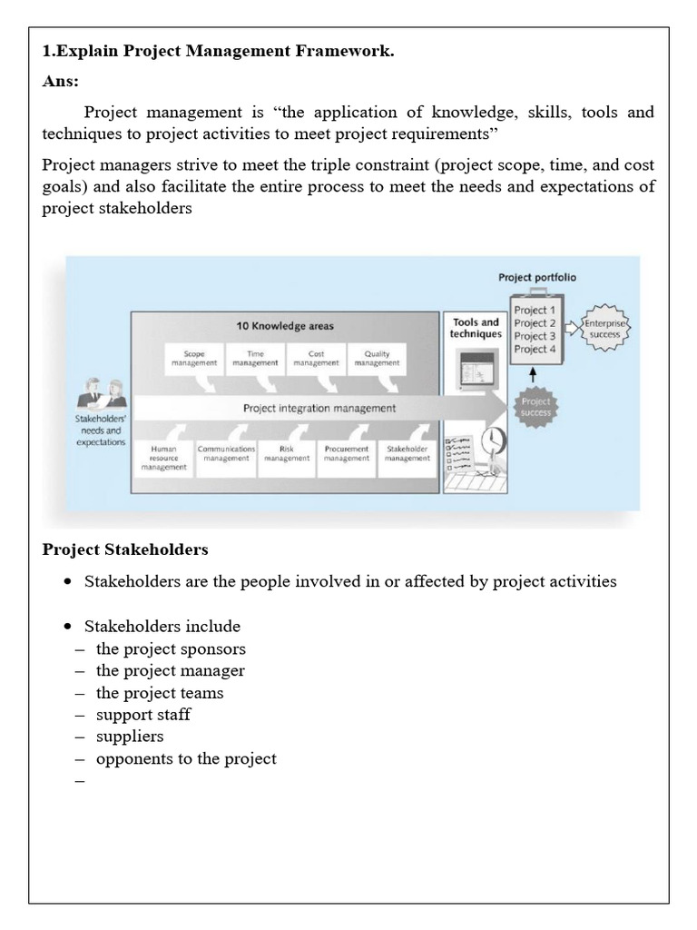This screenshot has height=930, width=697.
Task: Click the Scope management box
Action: (x=194, y=358)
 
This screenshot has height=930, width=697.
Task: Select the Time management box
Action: (x=255, y=358)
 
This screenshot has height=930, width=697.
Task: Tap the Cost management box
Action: (x=316, y=358)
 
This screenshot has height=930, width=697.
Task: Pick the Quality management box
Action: (x=377, y=358)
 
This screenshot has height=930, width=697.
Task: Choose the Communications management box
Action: (x=226, y=454)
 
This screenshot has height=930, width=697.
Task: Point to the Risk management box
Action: (x=287, y=454)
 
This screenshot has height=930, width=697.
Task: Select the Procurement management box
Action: (x=347, y=454)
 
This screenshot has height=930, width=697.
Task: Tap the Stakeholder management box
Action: (x=407, y=454)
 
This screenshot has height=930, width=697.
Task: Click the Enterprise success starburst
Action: (x=604, y=329)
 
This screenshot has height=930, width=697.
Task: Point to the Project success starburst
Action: (x=535, y=407)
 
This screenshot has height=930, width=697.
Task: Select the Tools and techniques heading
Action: (x=476, y=328)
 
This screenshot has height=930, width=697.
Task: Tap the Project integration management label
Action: (x=319, y=408)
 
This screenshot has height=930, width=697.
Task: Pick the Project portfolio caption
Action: (x=536, y=278)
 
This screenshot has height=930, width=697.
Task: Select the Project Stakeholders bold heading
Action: (x=125, y=549)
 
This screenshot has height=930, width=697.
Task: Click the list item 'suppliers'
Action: (x=130, y=737)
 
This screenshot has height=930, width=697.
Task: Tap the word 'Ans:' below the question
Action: (x=61, y=82)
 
